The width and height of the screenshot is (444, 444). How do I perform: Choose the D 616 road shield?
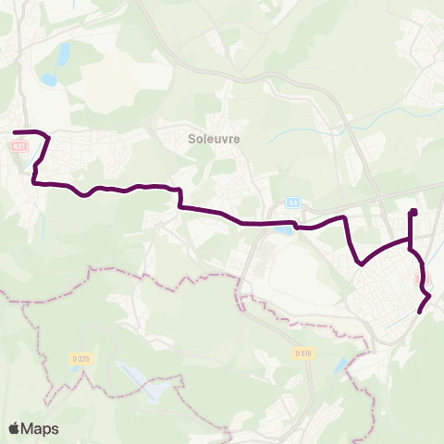pyautogui.click(x=303, y=352)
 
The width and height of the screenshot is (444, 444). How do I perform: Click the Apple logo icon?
pyautogui.click(x=14, y=428)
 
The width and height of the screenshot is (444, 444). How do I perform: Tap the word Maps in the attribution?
pyautogui.click(x=41, y=428)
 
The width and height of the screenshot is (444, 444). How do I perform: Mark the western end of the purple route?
pyautogui.click(x=15, y=133)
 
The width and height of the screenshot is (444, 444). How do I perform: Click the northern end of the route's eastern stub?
pyautogui.click(x=413, y=213)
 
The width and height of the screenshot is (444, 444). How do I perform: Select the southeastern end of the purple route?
pyautogui.click(x=420, y=312)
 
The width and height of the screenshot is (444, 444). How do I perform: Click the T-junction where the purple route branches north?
pyautogui.click(x=410, y=241)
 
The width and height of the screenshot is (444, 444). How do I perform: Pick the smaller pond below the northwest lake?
pyautogui.click(x=48, y=80)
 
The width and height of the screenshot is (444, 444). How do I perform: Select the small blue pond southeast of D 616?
pyautogui.click(x=344, y=367)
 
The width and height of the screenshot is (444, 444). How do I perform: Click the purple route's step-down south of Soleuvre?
pyautogui.click(x=179, y=198)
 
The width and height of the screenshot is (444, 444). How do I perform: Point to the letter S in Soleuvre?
pyautogui.click(x=191, y=139)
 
